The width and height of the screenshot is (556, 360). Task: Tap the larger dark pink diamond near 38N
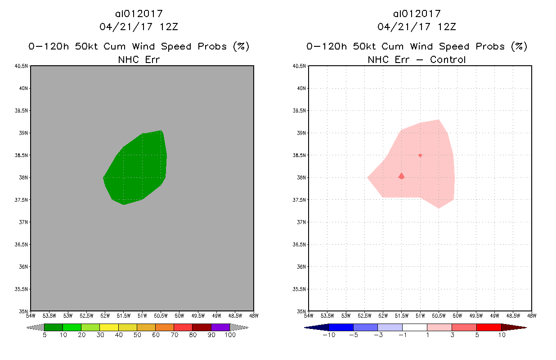[x=401, y=176]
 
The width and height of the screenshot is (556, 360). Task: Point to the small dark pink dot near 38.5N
[x=420, y=155]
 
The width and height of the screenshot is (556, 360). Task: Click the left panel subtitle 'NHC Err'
[x=139, y=59]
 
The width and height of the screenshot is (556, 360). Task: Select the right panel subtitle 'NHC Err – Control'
[x=417, y=59]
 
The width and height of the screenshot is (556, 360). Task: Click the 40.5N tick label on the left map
[x=22, y=66]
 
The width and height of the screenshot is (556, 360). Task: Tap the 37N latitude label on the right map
[x=300, y=222]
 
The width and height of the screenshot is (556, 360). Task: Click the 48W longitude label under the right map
[x=531, y=316]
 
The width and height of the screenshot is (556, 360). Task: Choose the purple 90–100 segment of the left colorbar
[x=220, y=327]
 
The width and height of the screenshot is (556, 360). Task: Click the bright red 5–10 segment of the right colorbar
[x=489, y=327]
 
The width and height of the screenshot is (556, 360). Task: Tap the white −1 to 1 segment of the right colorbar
[x=414, y=327]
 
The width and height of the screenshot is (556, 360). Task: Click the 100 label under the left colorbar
[x=230, y=335]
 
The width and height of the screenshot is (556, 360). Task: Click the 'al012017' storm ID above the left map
[x=139, y=14]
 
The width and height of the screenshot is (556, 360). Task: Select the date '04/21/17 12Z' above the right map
[x=417, y=27]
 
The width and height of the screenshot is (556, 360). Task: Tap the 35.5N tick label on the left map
[x=22, y=289]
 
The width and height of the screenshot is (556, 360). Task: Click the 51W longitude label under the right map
[x=420, y=316]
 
